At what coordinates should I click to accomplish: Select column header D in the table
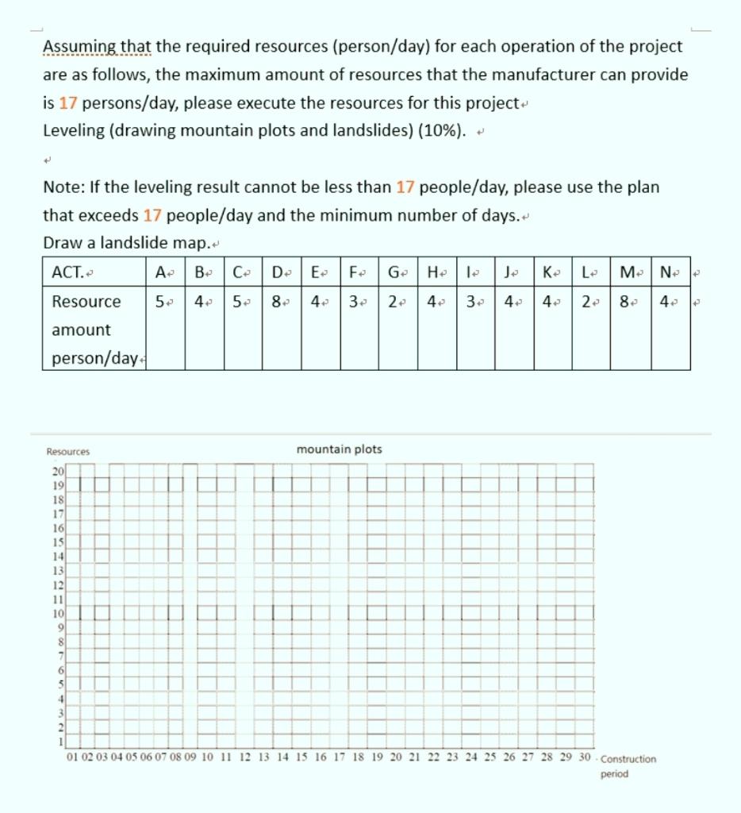point(279,273)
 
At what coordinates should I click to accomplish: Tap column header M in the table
point(627,273)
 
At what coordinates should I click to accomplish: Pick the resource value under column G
point(394,302)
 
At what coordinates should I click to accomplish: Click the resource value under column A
point(160,302)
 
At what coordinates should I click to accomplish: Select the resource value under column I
point(471,302)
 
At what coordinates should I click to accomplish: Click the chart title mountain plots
point(339,449)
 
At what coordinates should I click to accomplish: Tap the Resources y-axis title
point(68,452)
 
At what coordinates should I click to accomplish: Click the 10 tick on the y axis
point(58,613)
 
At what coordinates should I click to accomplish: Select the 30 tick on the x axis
point(585,757)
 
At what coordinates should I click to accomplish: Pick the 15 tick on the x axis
point(301,757)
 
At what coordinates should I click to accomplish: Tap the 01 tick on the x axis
point(73,757)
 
